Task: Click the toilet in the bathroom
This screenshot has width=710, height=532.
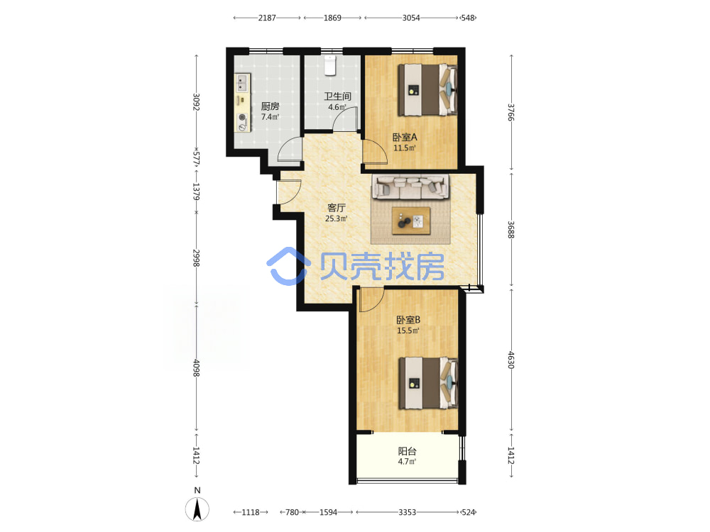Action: [x=330, y=65]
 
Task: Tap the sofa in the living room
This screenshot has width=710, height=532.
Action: [x=410, y=187]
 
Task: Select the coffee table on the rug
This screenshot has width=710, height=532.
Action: [x=411, y=221]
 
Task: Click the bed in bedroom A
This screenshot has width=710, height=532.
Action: [x=427, y=90]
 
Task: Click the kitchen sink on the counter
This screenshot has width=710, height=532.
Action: [x=242, y=83]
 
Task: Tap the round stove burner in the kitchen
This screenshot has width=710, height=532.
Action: [x=243, y=118]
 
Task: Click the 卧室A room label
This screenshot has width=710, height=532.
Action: [x=405, y=137]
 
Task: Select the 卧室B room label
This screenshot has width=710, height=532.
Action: [x=408, y=320]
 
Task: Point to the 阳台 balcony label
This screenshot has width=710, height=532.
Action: [x=407, y=451]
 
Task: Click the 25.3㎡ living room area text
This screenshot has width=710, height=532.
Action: [x=337, y=219]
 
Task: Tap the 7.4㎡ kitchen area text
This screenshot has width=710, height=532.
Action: [x=270, y=117]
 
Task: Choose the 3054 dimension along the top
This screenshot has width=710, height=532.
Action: [x=411, y=18]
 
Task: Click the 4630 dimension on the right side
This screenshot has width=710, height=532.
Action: [x=510, y=360]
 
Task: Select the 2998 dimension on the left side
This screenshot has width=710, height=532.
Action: [x=196, y=258]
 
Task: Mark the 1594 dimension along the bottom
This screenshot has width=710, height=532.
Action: [x=328, y=512]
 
